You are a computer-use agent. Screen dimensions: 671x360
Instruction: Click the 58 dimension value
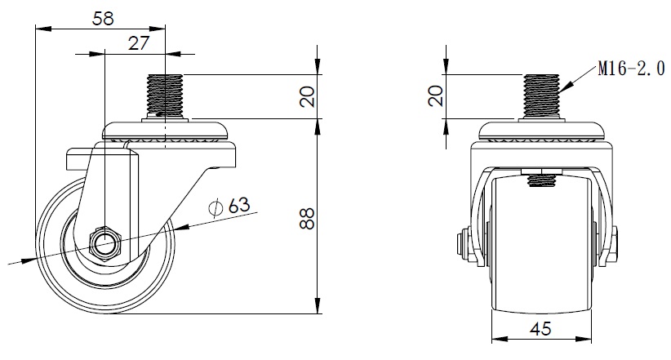(103, 19)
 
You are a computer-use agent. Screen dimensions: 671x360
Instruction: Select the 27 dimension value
(138, 43)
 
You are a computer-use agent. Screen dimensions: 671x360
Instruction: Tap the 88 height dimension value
(307, 219)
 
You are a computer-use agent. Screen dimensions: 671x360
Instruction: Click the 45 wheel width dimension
(541, 329)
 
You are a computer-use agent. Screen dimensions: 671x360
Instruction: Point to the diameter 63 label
(229, 207)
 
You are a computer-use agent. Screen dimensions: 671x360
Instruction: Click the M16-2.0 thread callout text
(631, 69)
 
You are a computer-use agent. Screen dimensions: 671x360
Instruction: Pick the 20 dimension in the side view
(307, 97)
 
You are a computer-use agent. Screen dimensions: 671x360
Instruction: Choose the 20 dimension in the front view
(436, 96)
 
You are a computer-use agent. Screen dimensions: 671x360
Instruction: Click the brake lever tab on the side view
(82, 158)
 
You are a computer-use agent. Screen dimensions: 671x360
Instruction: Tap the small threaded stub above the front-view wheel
(541, 180)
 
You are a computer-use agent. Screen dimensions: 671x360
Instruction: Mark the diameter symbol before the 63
(216, 207)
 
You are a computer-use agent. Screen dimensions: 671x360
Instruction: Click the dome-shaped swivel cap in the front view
(541, 130)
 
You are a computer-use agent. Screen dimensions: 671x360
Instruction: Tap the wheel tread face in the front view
(541, 245)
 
